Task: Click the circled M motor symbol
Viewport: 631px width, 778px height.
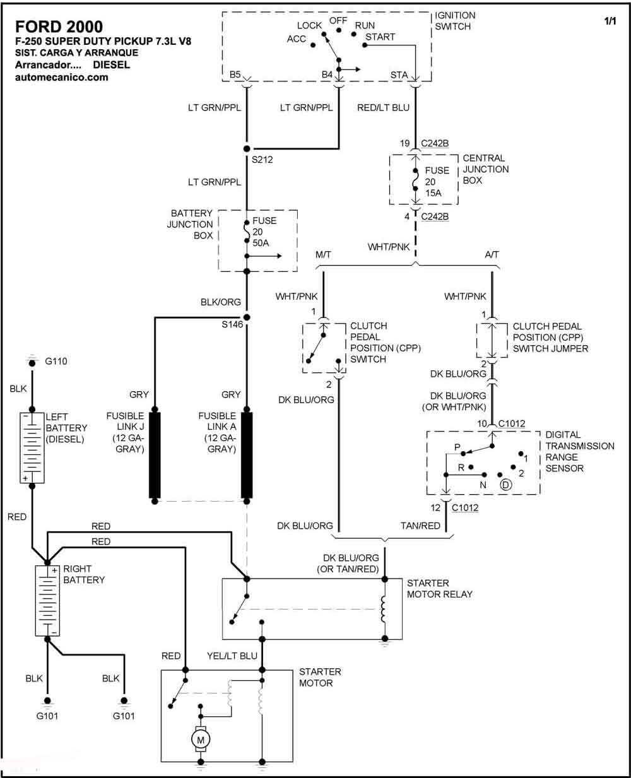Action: point(201,740)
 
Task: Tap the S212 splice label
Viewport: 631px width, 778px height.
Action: point(262,160)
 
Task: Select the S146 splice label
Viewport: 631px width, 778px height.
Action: point(232,324)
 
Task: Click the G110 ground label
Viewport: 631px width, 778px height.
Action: point(56,362)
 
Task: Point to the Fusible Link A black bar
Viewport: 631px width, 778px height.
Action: point(247,455)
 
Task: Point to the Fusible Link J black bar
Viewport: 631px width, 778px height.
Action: point(155,455)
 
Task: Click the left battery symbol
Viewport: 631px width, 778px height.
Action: point(32,448)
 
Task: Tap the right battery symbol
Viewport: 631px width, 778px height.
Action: point(47,601)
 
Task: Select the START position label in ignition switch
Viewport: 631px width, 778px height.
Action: point(380,37)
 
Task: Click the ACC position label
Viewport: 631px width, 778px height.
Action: point(296,39)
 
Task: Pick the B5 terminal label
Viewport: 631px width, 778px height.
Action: point(235,74)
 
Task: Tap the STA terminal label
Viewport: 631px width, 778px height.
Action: point(399,75)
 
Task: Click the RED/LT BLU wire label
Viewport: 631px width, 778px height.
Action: point(384,108)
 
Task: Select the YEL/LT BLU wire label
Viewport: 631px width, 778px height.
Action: point(232,656)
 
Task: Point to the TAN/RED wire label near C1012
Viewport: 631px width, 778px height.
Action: point(420,526)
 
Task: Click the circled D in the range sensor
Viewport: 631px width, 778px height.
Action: point(506,485)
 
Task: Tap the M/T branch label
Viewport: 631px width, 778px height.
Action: point(323,254)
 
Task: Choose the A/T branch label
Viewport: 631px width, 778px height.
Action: point(492,254)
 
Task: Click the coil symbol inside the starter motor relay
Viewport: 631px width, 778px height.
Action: point(383,610)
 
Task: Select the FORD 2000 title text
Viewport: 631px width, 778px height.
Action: point(59,27)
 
